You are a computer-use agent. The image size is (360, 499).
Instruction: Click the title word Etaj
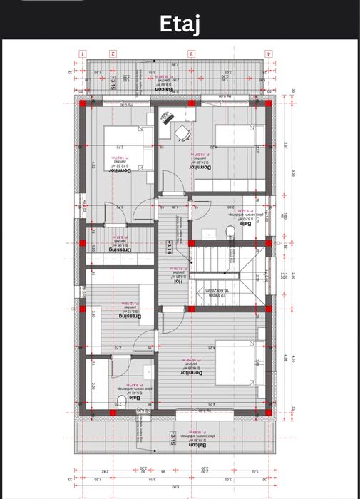click(180, 26)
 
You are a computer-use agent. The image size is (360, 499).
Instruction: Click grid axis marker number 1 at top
click(83, 53)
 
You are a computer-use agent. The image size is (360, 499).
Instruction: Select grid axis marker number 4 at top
click(268, 53)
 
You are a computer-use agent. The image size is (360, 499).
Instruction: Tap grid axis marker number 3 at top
click(191, 53)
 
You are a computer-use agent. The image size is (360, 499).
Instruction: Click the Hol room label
click(179, 281)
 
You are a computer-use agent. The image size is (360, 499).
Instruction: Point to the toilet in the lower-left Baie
click(119, 398)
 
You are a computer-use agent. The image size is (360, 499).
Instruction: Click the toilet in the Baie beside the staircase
click(230, 232)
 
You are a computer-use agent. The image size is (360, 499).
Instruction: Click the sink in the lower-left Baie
click(147, 371)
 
